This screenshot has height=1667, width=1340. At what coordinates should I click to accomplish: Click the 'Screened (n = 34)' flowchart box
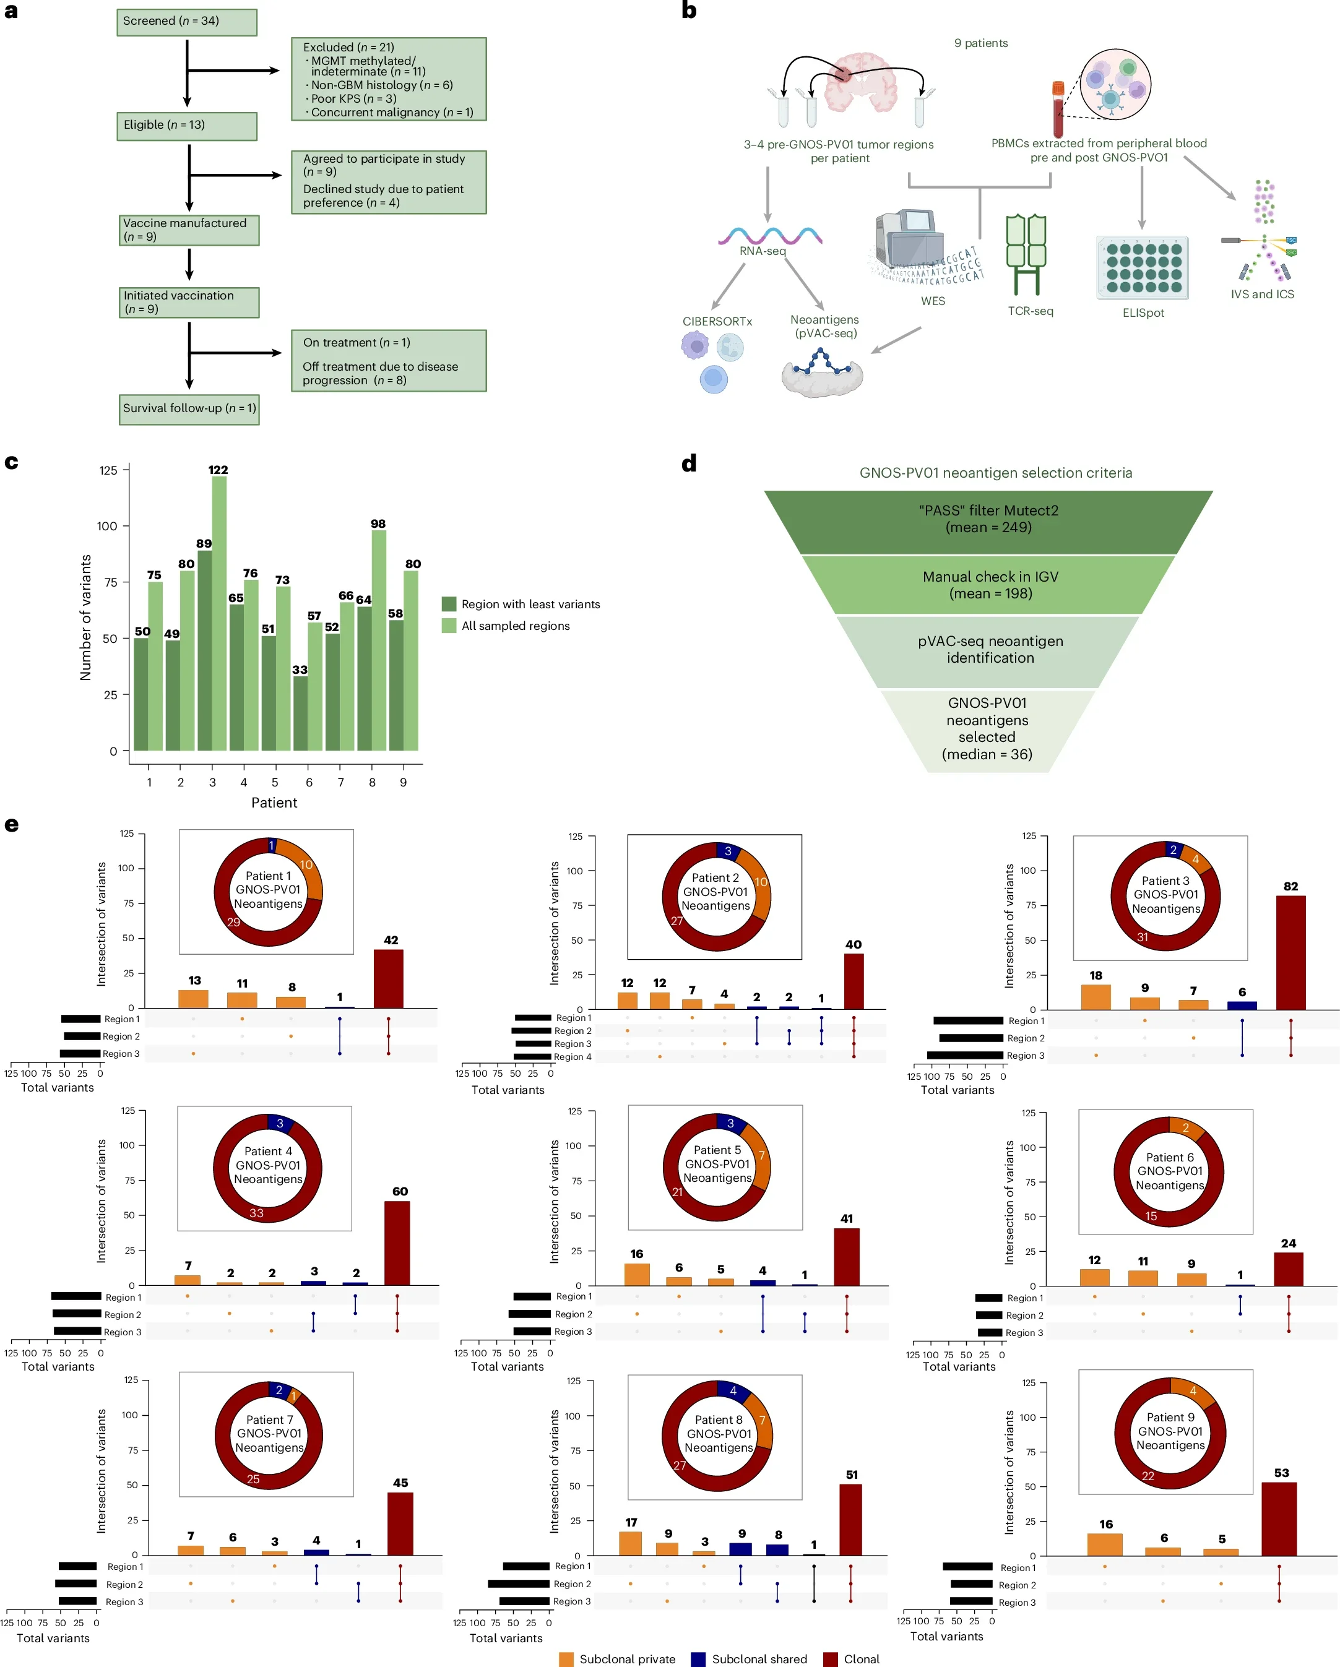(x=186, y=22)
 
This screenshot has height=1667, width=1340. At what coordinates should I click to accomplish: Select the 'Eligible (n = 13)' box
(x=186, y=126)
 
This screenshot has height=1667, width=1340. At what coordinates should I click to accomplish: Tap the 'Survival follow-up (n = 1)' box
(x=189, y=409)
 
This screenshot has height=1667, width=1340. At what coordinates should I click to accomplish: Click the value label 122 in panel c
(x=218, y=470)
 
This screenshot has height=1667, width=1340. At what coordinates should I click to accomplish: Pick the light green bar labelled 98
(x=379, y=640)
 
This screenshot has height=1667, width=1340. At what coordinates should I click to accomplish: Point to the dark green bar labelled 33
(x=300, y=713)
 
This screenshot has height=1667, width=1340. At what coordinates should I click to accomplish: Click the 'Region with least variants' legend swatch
(x=449, y=604)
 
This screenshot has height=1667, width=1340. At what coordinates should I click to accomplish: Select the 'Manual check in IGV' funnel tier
(x=989, y=585)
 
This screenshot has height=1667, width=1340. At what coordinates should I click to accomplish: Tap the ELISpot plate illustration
(x=1142, y=267)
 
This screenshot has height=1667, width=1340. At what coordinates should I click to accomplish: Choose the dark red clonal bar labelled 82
(x=1290, y=952)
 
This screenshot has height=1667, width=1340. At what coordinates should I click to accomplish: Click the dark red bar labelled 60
(x=397, y=1243)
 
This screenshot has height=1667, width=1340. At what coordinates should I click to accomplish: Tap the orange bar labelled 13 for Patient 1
(x=193, y=999)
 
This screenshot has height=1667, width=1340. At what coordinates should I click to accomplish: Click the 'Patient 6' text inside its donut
(x=1169, y=1158)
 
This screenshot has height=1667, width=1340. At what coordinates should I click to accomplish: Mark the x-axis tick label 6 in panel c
(x=309, y=783)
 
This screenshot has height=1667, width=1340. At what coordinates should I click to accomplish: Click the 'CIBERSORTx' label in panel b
(x=717, y=322)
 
